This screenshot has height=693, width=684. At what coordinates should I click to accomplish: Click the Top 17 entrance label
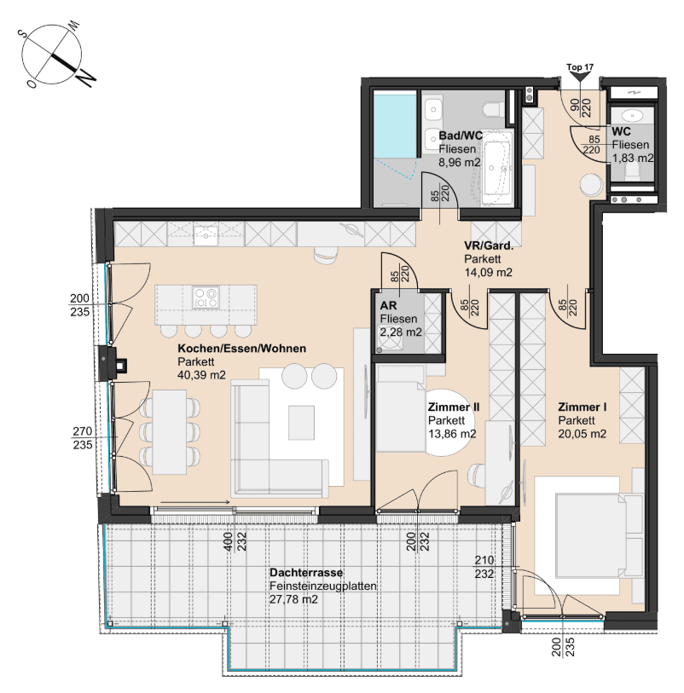pos(580,67)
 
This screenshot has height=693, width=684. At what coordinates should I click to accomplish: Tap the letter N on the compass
pos(85,78)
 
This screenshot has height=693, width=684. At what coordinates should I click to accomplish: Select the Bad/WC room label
pos(461,136)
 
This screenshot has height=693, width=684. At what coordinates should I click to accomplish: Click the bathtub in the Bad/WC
pos(496,168)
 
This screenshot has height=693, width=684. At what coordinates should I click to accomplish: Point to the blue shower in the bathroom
pos(396,124)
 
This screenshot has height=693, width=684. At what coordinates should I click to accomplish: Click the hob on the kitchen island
pos(206,297)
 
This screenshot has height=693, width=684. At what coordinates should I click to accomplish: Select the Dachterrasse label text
pos(306,572)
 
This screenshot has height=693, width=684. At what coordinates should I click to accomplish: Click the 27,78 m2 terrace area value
pos(293,599)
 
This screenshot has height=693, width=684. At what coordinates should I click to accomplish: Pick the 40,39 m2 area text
pos(201,375)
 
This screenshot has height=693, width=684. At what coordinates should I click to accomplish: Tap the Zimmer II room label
pos(453,407)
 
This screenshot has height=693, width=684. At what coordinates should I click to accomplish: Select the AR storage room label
pos(388,305)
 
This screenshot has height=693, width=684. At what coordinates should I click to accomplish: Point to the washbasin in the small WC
pos(631,116)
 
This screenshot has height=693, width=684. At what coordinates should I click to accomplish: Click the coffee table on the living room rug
pos(302,423)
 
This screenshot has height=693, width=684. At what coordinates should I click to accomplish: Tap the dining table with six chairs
pos(170,432)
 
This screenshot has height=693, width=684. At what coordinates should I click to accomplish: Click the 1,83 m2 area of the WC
pos(633,158)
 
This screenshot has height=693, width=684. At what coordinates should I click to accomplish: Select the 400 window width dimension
pos(228,541)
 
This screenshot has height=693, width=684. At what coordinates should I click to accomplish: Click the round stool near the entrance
pos(591,184)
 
